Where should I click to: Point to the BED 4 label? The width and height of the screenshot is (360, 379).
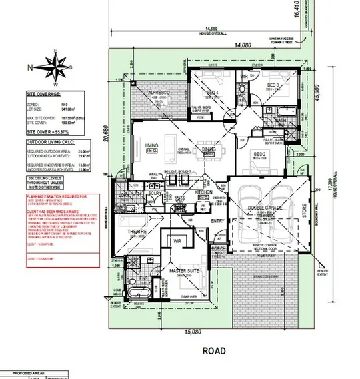coord(212,93)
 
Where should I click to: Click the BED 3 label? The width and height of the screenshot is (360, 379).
coord(272,86)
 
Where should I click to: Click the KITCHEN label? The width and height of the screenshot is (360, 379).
coord(203,192)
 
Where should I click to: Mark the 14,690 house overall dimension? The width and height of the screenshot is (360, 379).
coord(213,28)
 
